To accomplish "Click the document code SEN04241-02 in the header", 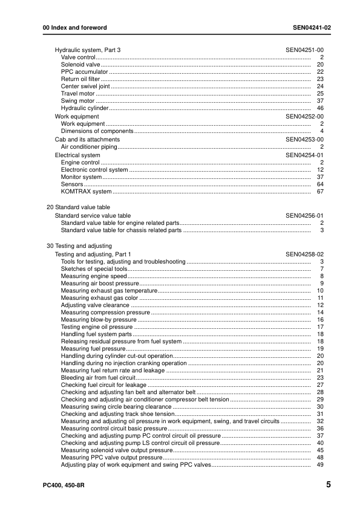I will point(307,28).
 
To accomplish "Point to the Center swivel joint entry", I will point(85,86).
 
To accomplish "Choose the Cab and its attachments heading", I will point(87,139).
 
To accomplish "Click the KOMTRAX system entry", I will point(86,192).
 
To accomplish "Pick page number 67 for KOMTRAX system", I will point(321,192).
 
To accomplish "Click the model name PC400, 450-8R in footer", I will point(59,485).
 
